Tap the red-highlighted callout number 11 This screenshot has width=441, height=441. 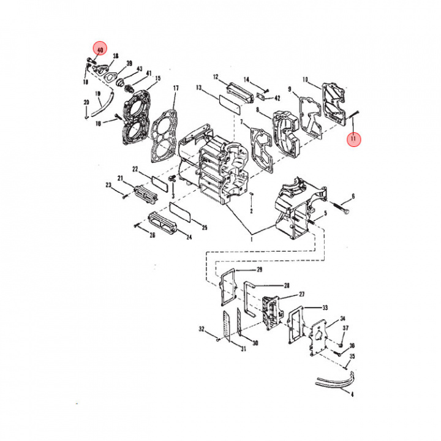pos(353,139)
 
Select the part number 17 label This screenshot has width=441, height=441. pos(175,88)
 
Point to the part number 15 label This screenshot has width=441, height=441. pos(157,78)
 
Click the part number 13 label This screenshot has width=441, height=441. pos(198,88)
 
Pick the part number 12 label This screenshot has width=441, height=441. pos(216,77)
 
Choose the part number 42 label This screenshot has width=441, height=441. pos(277,97)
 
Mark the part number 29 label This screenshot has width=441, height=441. pos(259,269)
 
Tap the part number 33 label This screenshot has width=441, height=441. pos(325,307)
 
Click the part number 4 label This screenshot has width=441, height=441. pos(352,394)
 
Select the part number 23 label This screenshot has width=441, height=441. pos(108,184)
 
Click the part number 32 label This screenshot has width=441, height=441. pos(201,330)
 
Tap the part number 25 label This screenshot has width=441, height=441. pos(205,227)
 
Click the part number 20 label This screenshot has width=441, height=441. pos(86,102)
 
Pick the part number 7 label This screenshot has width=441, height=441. pos(242,123)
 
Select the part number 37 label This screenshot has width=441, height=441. pos(346,328)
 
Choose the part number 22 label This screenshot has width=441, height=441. pos(135,168)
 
